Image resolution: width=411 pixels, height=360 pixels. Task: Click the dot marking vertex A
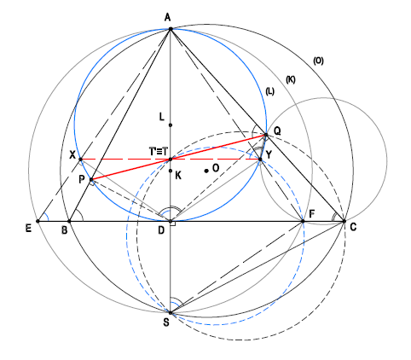(x=171, y=29)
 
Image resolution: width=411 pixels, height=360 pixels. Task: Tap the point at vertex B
(x=69, y=221)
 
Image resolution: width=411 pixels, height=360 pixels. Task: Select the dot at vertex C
(x=344, y=221)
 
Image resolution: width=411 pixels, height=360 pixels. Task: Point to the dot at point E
(x=38, y=221)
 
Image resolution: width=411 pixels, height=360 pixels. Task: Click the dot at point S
(x=171, y=313)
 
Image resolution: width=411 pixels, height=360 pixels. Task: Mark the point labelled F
(x=303, y=221)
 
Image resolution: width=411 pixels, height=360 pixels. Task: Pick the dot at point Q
(x=266, y=135)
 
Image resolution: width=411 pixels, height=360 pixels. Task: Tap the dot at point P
(x=91, y=180)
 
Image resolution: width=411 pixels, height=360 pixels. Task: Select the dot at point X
(x=80, y=160)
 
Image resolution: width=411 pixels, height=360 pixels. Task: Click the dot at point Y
(x=260, y=160)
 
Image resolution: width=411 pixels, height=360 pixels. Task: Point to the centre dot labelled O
(x=206, y=171)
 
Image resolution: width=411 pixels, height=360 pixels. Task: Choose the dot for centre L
(x=171, y=125)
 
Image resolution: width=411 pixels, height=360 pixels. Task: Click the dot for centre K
(x=171, y=171)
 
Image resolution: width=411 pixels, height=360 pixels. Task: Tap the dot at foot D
(x=171, y=221)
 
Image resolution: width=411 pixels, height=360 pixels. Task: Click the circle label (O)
(x=318, y=61)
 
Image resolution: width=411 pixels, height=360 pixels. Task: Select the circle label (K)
(x=290, y=79)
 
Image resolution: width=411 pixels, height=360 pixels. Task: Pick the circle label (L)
(x=269, y=91)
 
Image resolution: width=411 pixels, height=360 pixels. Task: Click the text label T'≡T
(x=158, y=152)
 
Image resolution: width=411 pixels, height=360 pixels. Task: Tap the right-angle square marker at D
(x=173, y=224)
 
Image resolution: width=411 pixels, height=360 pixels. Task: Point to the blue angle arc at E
(x=48, y=218)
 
